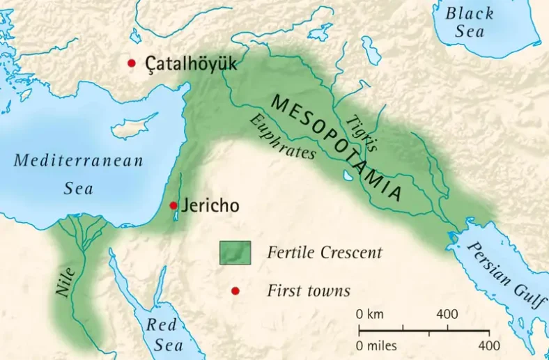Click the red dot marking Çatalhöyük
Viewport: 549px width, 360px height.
131,63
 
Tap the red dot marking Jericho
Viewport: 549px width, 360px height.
173,205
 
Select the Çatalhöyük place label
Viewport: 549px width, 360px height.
191,64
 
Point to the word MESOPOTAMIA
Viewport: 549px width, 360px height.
337,147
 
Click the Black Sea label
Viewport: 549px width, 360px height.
471,22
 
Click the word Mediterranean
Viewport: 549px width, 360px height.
79,160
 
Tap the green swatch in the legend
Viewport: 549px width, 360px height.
235,252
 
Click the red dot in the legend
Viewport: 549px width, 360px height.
235,290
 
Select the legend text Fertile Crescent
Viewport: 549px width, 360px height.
325,252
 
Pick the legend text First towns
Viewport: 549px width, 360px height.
308,290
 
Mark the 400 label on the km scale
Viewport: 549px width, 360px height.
447,314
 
